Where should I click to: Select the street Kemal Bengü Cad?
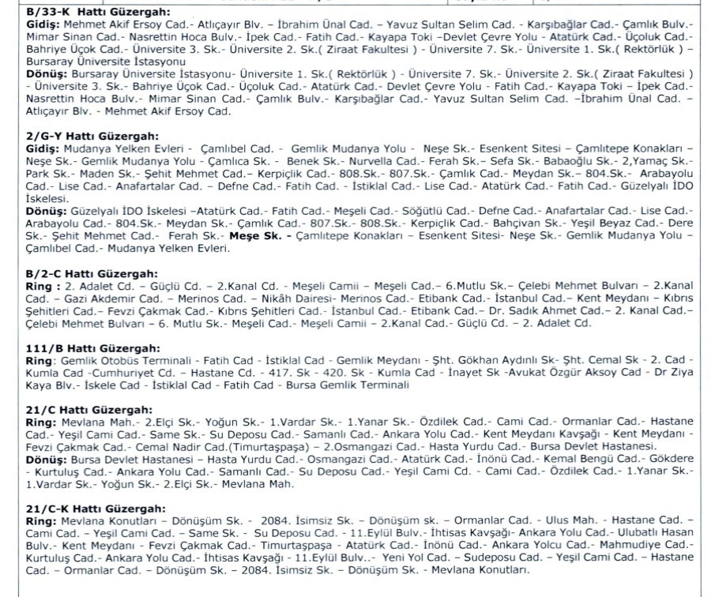(593, 458)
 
